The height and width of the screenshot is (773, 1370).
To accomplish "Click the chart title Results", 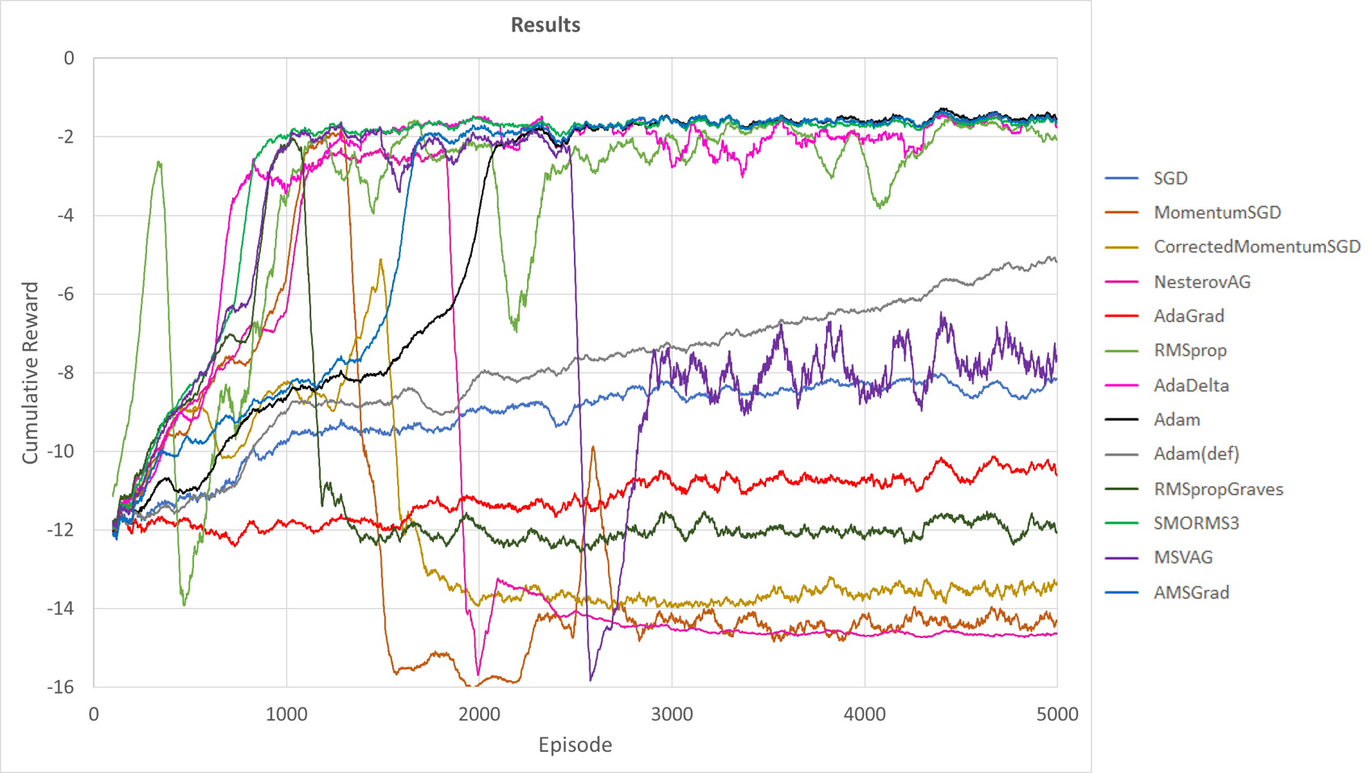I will (x=546, y=25).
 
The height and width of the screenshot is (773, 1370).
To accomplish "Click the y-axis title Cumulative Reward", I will (x=30, y=372).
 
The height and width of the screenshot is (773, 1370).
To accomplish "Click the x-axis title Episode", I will (x=575, y=745).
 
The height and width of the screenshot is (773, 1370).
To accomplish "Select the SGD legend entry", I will (x=1170, y=179).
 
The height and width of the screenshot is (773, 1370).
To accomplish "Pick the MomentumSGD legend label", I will (x=1216, y=212).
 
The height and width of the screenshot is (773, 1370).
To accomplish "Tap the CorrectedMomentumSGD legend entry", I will (x=1256, y=247).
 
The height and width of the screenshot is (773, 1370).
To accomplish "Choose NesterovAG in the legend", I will (x=1201, y=282).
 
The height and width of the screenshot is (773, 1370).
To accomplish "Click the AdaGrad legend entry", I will (x=1188, y=316).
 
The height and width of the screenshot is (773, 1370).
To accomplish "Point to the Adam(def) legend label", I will (x=1195, y=454).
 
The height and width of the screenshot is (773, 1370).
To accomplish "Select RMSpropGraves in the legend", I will (x=1217, y=489).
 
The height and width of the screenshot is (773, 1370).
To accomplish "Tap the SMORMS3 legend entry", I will (x=1195, y=523).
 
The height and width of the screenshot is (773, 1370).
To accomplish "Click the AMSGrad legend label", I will (x=1191, y=592).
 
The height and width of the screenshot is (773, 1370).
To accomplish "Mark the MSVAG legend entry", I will (x=1182, y=557).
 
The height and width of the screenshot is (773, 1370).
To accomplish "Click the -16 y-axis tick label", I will (x=61, y=687).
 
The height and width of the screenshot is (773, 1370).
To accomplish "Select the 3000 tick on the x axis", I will (x=672, y=714).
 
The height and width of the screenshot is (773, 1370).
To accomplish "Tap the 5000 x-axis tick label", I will (x=1057, y=714).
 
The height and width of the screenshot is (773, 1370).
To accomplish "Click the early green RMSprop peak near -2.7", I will (x=159, y=162).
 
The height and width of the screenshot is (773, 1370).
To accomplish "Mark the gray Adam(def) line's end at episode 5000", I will (x=1055, y=258).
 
